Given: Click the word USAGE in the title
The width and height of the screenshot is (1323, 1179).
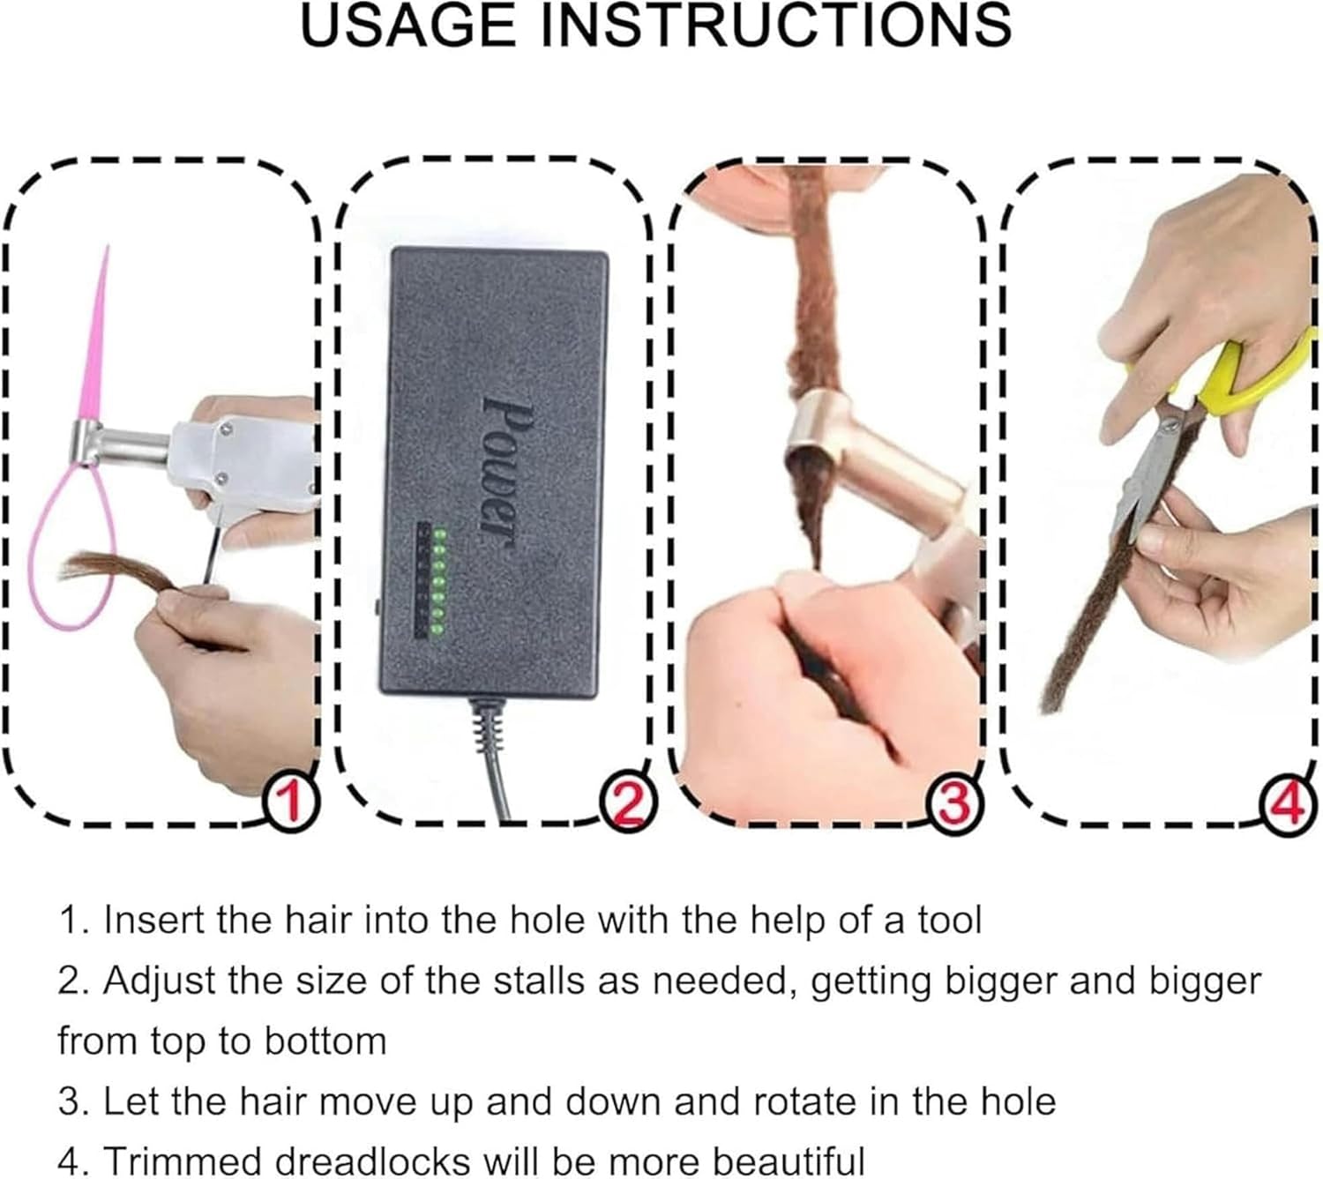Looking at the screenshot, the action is click(408, 26).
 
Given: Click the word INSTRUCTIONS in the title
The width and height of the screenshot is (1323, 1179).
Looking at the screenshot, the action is click(777, 26).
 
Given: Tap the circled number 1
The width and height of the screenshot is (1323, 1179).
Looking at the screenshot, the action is click(291, 802).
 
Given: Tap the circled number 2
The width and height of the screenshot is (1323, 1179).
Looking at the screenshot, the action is click(627, 803).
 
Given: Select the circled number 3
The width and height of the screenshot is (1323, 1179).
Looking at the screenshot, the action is click(956, 803).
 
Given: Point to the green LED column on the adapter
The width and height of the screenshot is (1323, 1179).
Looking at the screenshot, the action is click(439, 582).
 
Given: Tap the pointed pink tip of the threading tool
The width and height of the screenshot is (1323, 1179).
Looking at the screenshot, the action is click(108, 245).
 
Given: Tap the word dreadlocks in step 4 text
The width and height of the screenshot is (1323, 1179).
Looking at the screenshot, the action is click(371, 1160).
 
